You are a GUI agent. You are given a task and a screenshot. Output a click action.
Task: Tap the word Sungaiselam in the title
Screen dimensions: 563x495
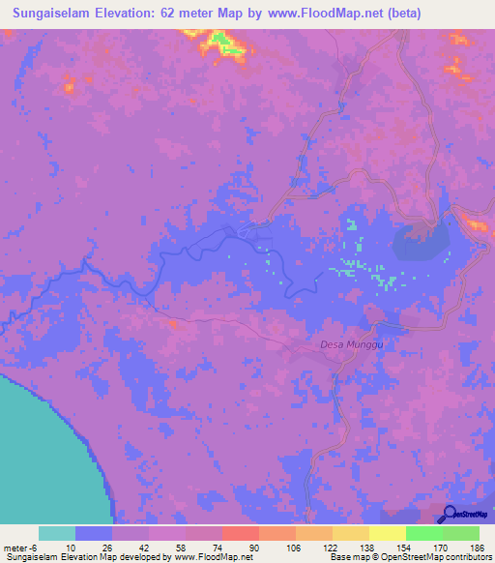[54, 15]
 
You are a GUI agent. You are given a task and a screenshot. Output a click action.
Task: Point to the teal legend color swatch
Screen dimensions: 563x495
[57, 533]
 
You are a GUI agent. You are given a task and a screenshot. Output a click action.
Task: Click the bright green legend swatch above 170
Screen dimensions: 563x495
[423, 533]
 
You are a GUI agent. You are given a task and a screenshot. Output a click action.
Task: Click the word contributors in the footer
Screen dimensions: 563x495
[466, 557]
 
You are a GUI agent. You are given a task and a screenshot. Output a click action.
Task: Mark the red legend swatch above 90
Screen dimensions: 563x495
[240, 533]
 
